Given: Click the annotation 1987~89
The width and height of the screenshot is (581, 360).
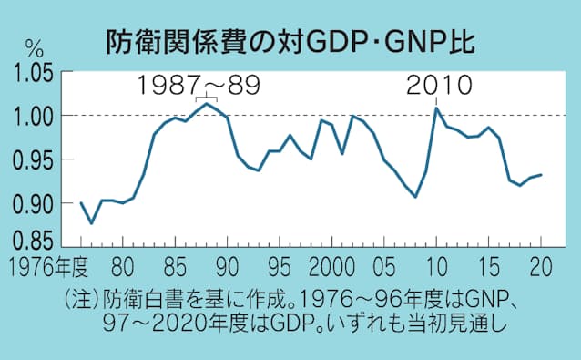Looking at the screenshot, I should pos(199,86).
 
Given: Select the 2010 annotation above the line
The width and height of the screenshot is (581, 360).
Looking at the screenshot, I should pos(439,86).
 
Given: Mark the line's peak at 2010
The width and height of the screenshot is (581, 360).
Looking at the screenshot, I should pos(436,108).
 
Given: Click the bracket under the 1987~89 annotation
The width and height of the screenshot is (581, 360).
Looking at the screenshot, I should pos(206,98).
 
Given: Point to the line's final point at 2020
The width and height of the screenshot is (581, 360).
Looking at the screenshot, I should pos(541,174).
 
